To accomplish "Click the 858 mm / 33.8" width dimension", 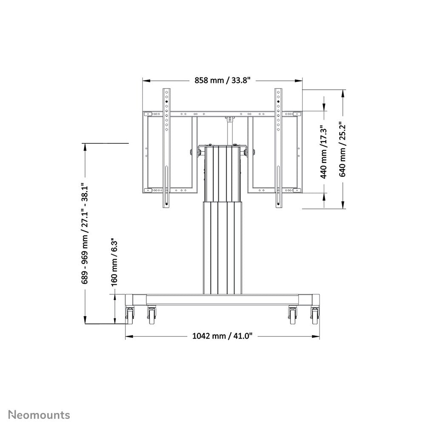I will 222,80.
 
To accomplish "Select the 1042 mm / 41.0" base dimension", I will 222,336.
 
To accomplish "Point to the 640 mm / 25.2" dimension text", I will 343,149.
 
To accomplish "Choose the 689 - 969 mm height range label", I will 85,234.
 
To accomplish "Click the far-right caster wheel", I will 315,315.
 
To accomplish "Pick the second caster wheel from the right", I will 293,315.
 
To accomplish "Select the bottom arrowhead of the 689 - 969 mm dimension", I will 85,321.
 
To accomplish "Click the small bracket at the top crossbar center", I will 230,120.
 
